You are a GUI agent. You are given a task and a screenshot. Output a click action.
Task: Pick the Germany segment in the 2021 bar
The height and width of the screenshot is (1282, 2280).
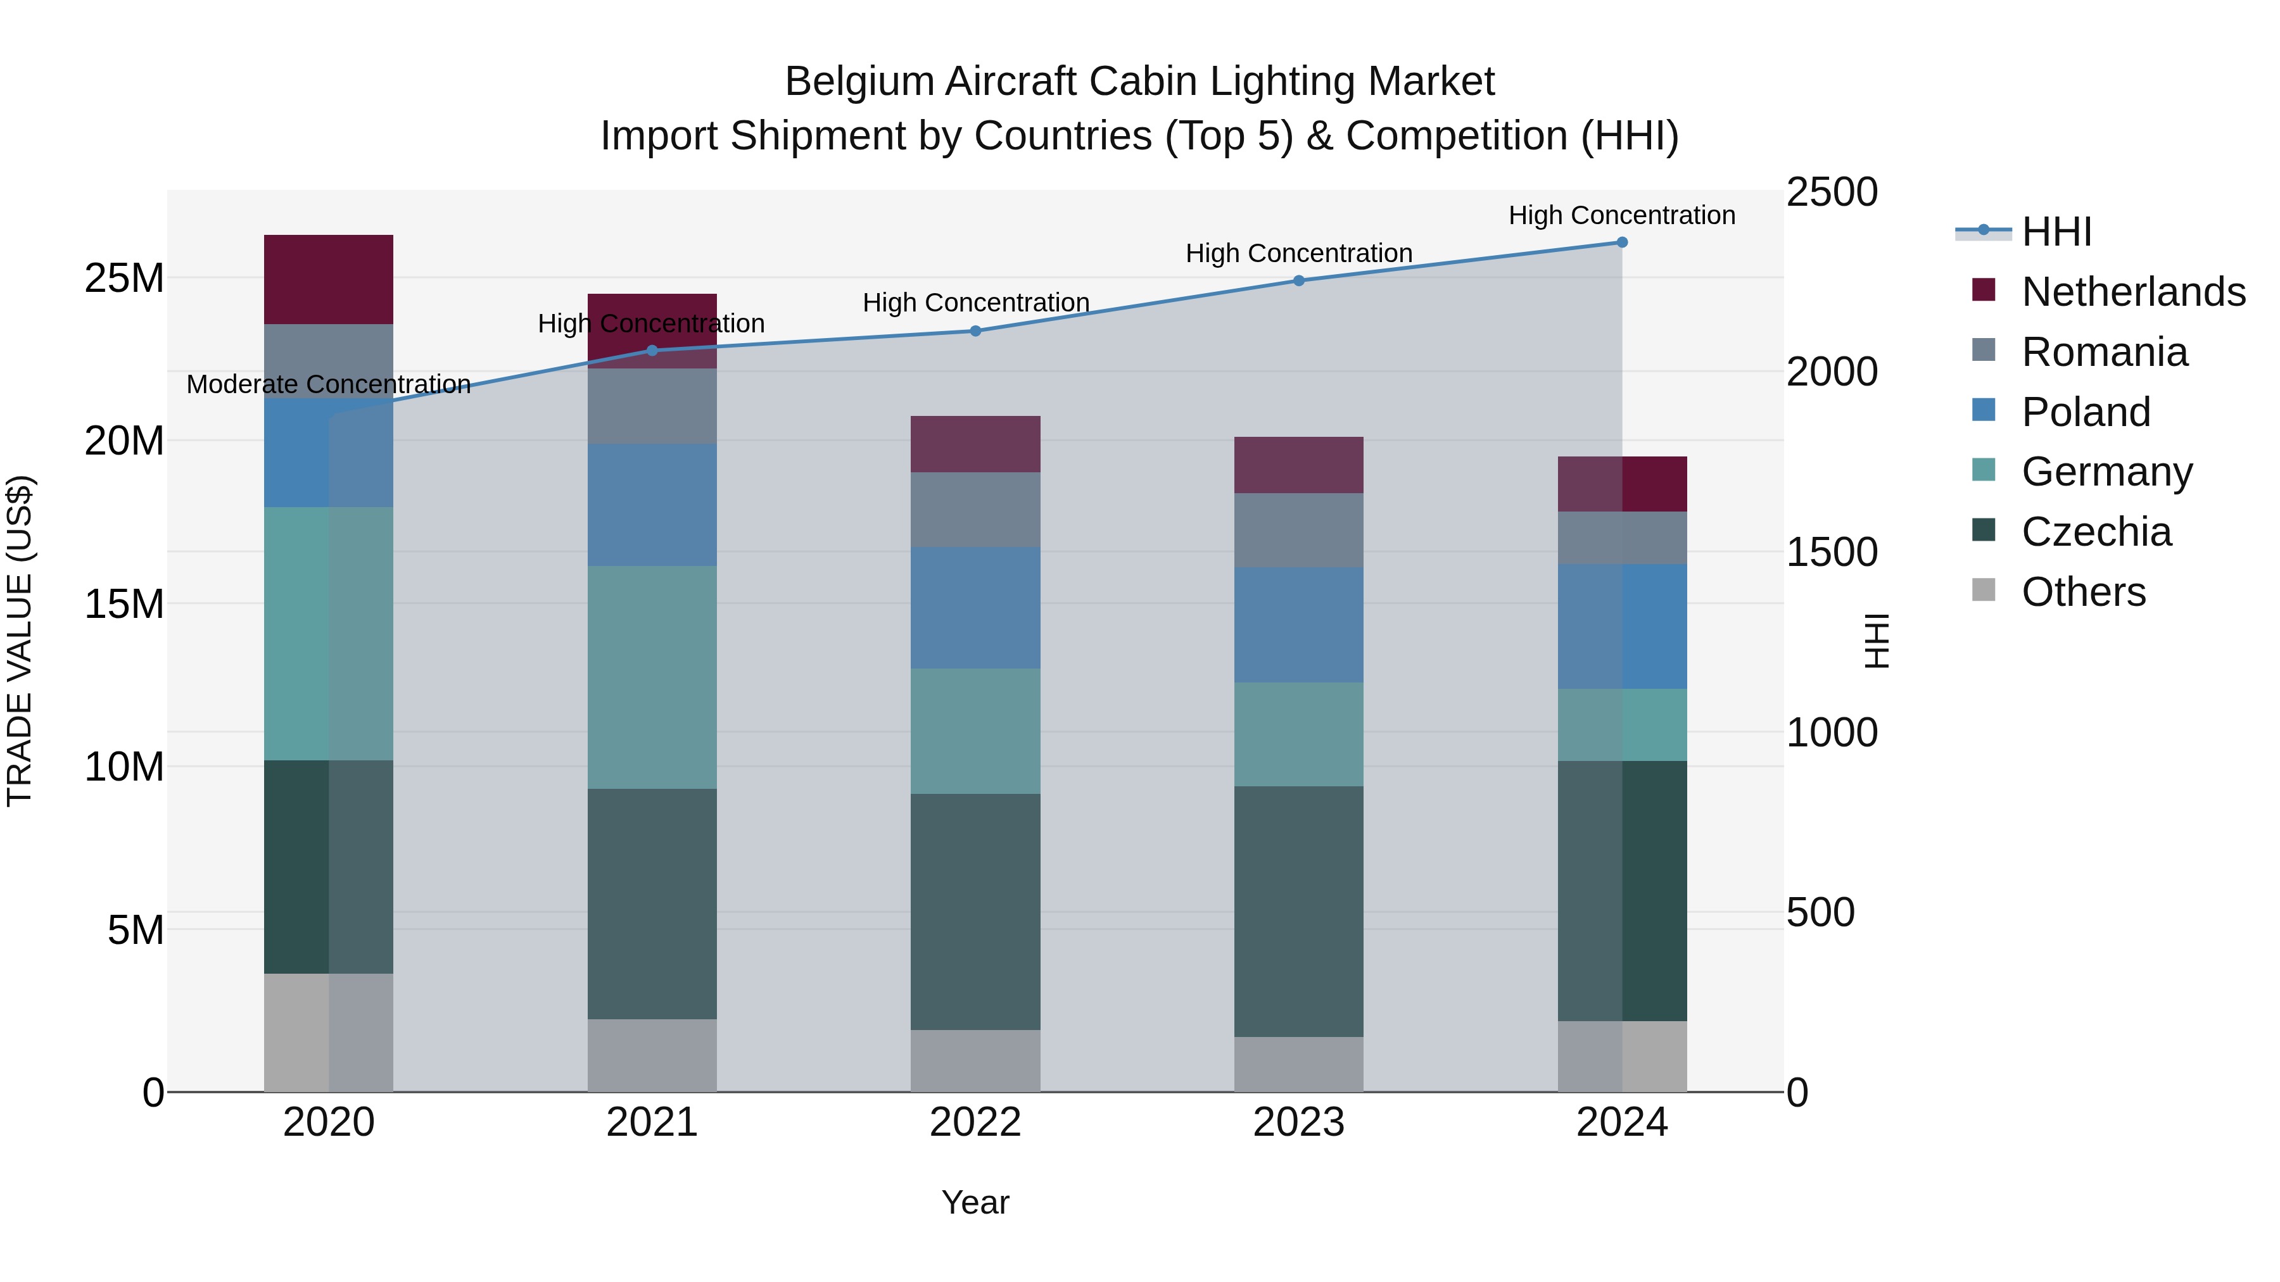652,677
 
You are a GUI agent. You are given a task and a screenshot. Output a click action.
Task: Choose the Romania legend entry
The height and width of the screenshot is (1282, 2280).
2104,352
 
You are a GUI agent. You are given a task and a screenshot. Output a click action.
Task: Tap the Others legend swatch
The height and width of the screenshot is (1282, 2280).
1984,590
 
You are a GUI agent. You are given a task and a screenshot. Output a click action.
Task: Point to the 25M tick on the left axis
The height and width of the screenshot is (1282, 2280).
124,279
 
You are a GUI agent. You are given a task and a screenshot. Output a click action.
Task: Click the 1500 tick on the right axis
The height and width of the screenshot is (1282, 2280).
1831,552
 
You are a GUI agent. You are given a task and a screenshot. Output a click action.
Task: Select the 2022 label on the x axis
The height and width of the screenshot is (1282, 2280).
975,1122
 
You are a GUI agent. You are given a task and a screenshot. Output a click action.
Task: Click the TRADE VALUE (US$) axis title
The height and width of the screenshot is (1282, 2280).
20,641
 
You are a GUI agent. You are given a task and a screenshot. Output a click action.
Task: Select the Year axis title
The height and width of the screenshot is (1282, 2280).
975,1202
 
